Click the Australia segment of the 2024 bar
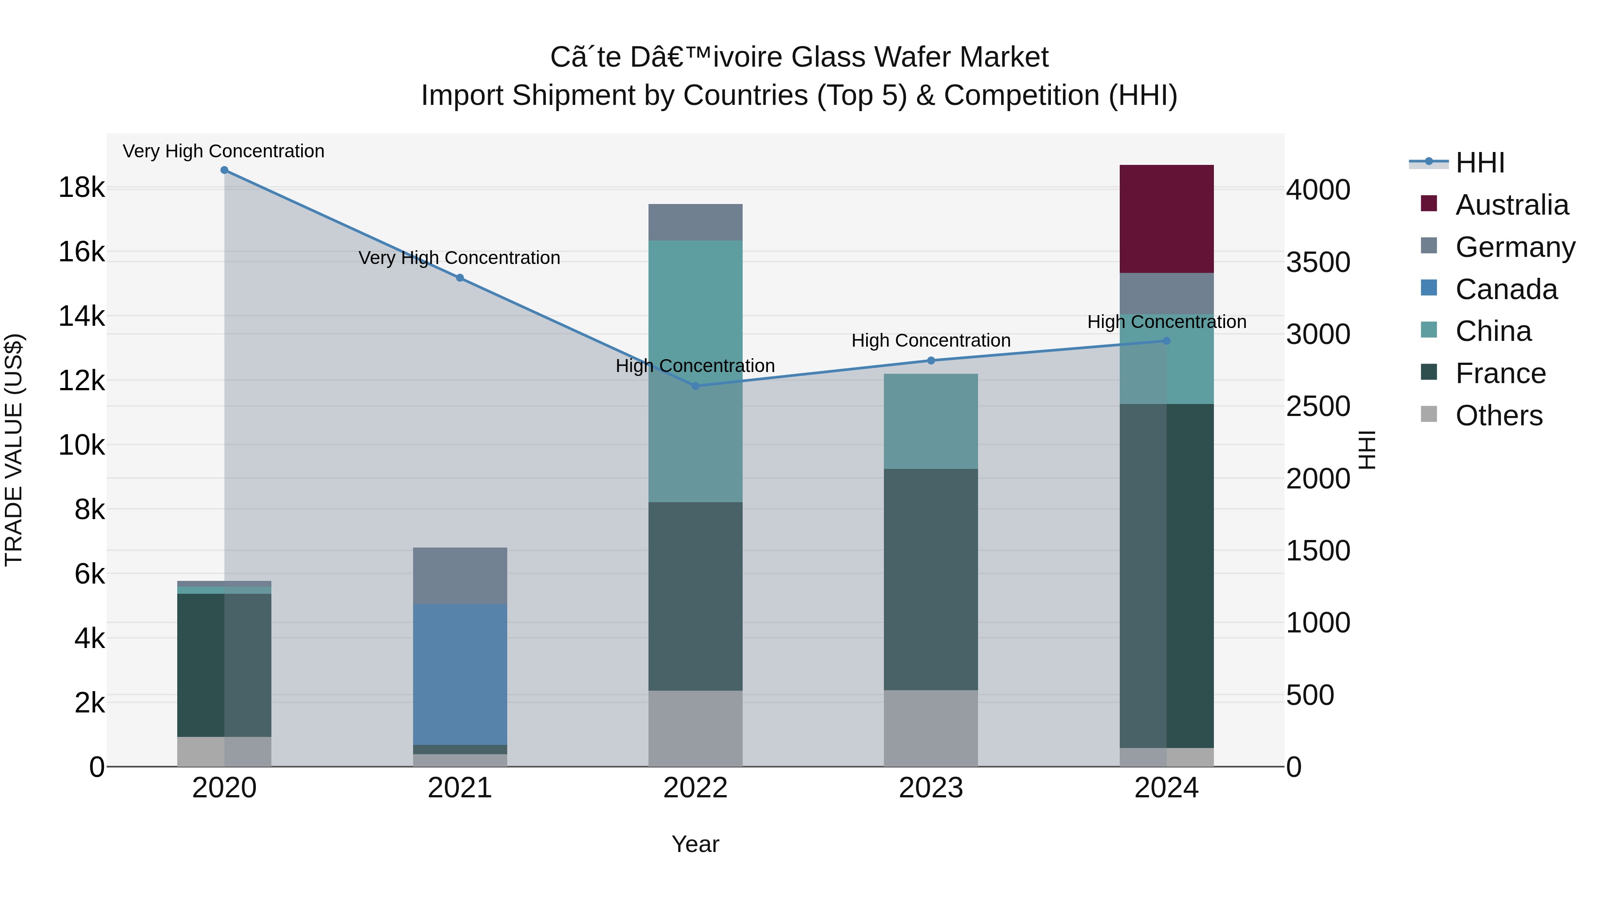[1166, 219]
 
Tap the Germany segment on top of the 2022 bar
[695, 222]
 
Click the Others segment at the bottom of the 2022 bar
[695, 728]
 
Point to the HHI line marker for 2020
[224, 170]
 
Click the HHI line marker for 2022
[695, 386]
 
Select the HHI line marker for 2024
[1166, 341]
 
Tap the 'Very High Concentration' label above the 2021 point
[459, 258]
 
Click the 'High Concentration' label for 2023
[931, 340]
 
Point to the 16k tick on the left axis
[81, 252]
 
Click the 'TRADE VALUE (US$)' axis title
[14, 450]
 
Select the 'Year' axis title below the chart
[695, 844]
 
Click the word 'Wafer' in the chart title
[911, 57]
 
